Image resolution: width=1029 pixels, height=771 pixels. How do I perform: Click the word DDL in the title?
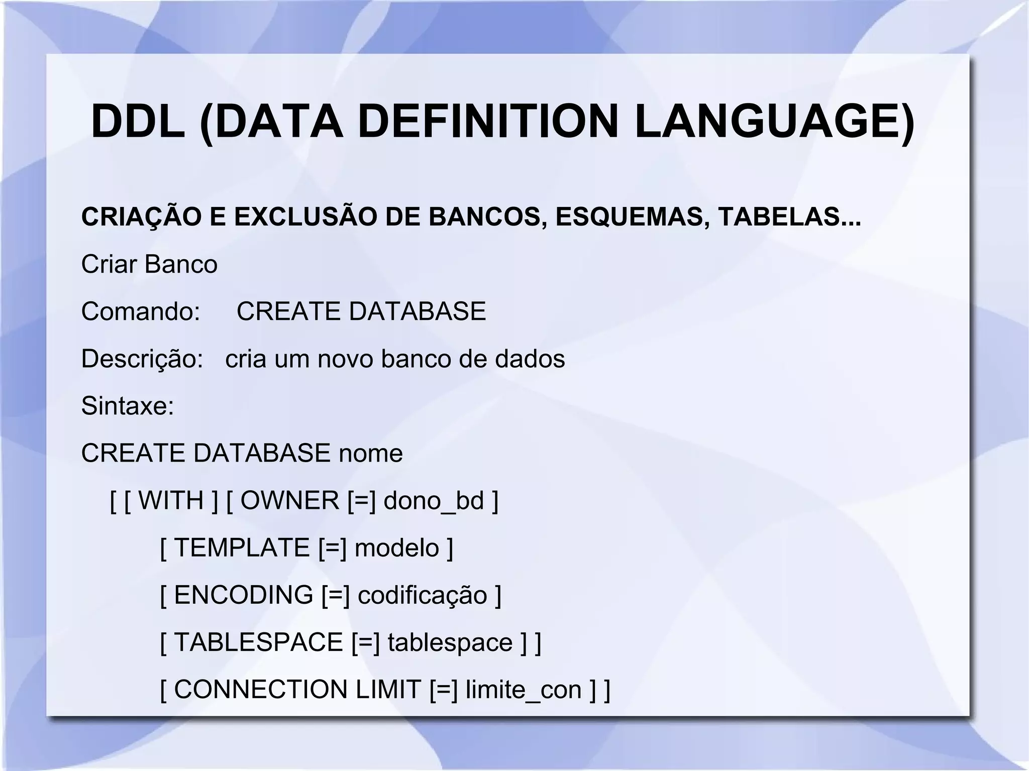[x=138, y=122]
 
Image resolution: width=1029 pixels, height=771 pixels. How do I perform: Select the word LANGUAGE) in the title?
[x=774, y=122]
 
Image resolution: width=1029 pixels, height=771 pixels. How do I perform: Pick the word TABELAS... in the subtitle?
[x=789, y=217]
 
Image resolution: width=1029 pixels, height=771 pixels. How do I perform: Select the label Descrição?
[x=142, y=359]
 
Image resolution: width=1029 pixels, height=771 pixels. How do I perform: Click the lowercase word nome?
[x=371, y=454]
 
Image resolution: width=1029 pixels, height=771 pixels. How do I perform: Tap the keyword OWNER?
[x=290, y=501]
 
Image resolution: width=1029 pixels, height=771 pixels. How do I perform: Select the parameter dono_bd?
[x=434, y=501]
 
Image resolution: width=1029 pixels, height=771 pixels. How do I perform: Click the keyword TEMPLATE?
[x=242, y=547]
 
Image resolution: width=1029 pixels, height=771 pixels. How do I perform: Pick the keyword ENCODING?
[x=244, y=595]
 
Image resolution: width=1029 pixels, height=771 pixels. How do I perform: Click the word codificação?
[x=422, y=595]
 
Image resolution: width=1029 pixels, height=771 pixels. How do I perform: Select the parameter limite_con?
[x=524, y=690]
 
